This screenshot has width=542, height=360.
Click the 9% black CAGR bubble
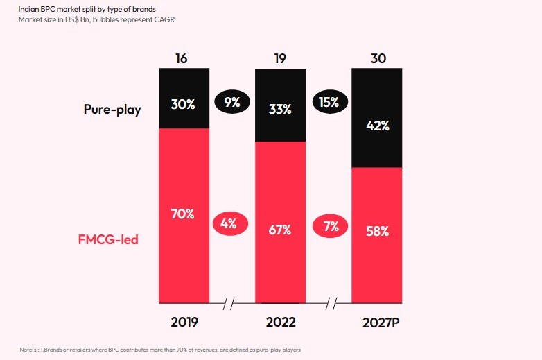pyautogui.click(x=232, y=103)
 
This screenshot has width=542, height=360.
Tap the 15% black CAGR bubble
pyautogui.click(x=329, y=103)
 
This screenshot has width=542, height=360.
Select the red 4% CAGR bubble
pyautogui.click(x=229, y=223)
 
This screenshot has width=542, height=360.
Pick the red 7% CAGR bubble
pyautogui.click(x=331, y=225)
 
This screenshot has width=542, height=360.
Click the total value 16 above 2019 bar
pyautogui.click(x=182, y=58)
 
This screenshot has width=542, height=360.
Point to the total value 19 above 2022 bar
pyautogui.click(x=279, y=58)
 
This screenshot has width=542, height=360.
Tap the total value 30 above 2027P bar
pyautogui.click(x=378, y=58)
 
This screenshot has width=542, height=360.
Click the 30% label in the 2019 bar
pyautogui.click(x=184, y=105)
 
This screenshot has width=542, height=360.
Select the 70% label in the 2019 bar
pyautogui.click(x=182, y=214)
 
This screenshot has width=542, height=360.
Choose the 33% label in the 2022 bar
pyautogui.click(x=281, y=110)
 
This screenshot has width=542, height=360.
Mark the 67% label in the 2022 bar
pyautogui.click(x=279, y=230)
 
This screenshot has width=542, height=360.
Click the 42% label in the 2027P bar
pyautogui.click(x=378, y=126)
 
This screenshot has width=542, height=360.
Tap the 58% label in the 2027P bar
pyautogui.click(x=378, y=231)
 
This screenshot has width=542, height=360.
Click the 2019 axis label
pyautogui.click(x=184, y=323)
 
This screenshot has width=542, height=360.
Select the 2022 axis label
pyautogui.click(x=281, y=323)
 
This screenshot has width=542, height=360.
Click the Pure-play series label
pyautogui.click(x=112, y=110)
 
